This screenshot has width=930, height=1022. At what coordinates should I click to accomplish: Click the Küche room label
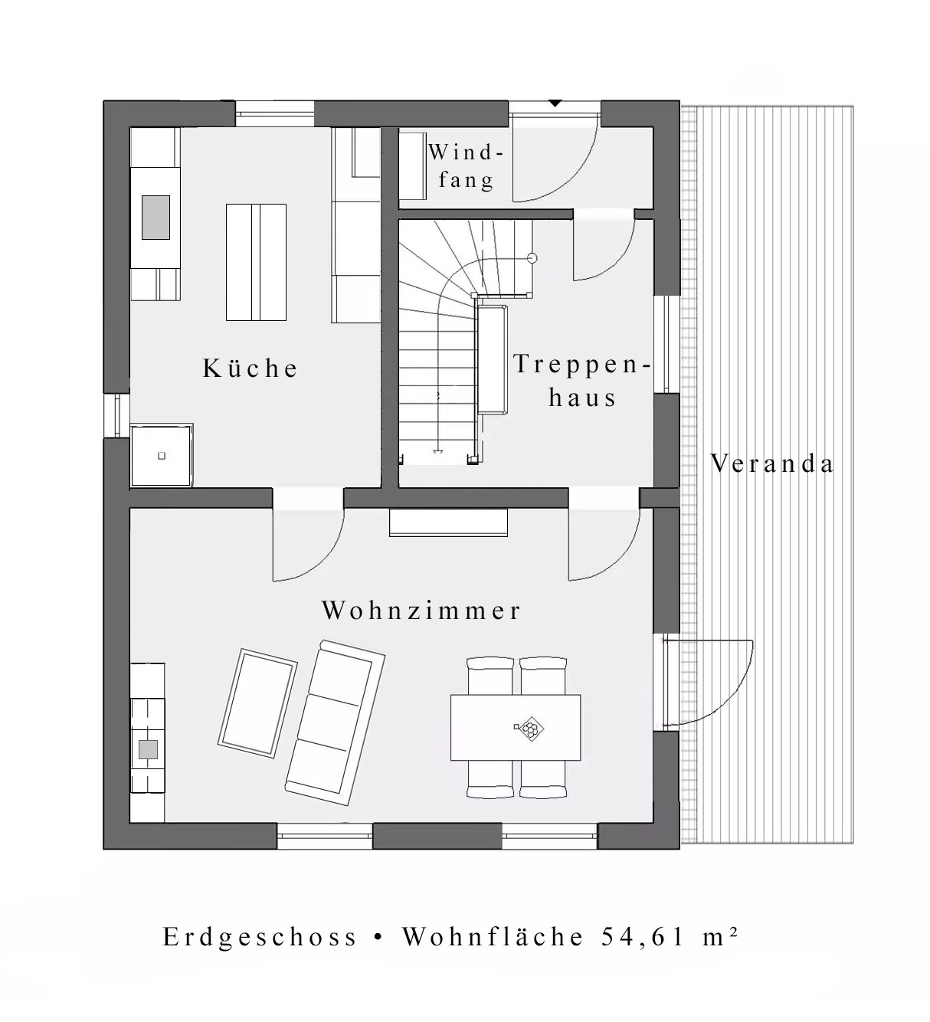[250, 368]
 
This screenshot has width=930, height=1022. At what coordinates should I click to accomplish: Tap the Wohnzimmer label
[421, 610]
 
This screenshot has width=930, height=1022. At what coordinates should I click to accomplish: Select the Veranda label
[771, 464]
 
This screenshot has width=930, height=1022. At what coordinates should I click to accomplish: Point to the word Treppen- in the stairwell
[582, 364]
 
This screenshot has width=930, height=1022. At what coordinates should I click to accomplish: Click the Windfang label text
[466, 166]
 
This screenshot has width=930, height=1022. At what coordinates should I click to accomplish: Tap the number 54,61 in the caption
[643, 936]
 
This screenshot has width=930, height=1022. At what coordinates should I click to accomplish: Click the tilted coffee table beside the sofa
[257, 703]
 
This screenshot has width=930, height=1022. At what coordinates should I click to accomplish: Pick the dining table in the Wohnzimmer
[516, 728]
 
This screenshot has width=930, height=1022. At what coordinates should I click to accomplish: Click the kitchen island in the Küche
[256, 262]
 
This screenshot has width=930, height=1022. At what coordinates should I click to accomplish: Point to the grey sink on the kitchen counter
[156, 217]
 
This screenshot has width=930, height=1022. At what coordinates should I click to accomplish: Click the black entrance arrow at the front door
[555, 103]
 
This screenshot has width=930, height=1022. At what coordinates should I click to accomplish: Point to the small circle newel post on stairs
[532, 258]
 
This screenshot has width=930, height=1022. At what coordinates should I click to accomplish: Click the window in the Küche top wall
[274, 113]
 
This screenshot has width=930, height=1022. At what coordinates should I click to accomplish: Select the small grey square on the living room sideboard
[149, 749]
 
